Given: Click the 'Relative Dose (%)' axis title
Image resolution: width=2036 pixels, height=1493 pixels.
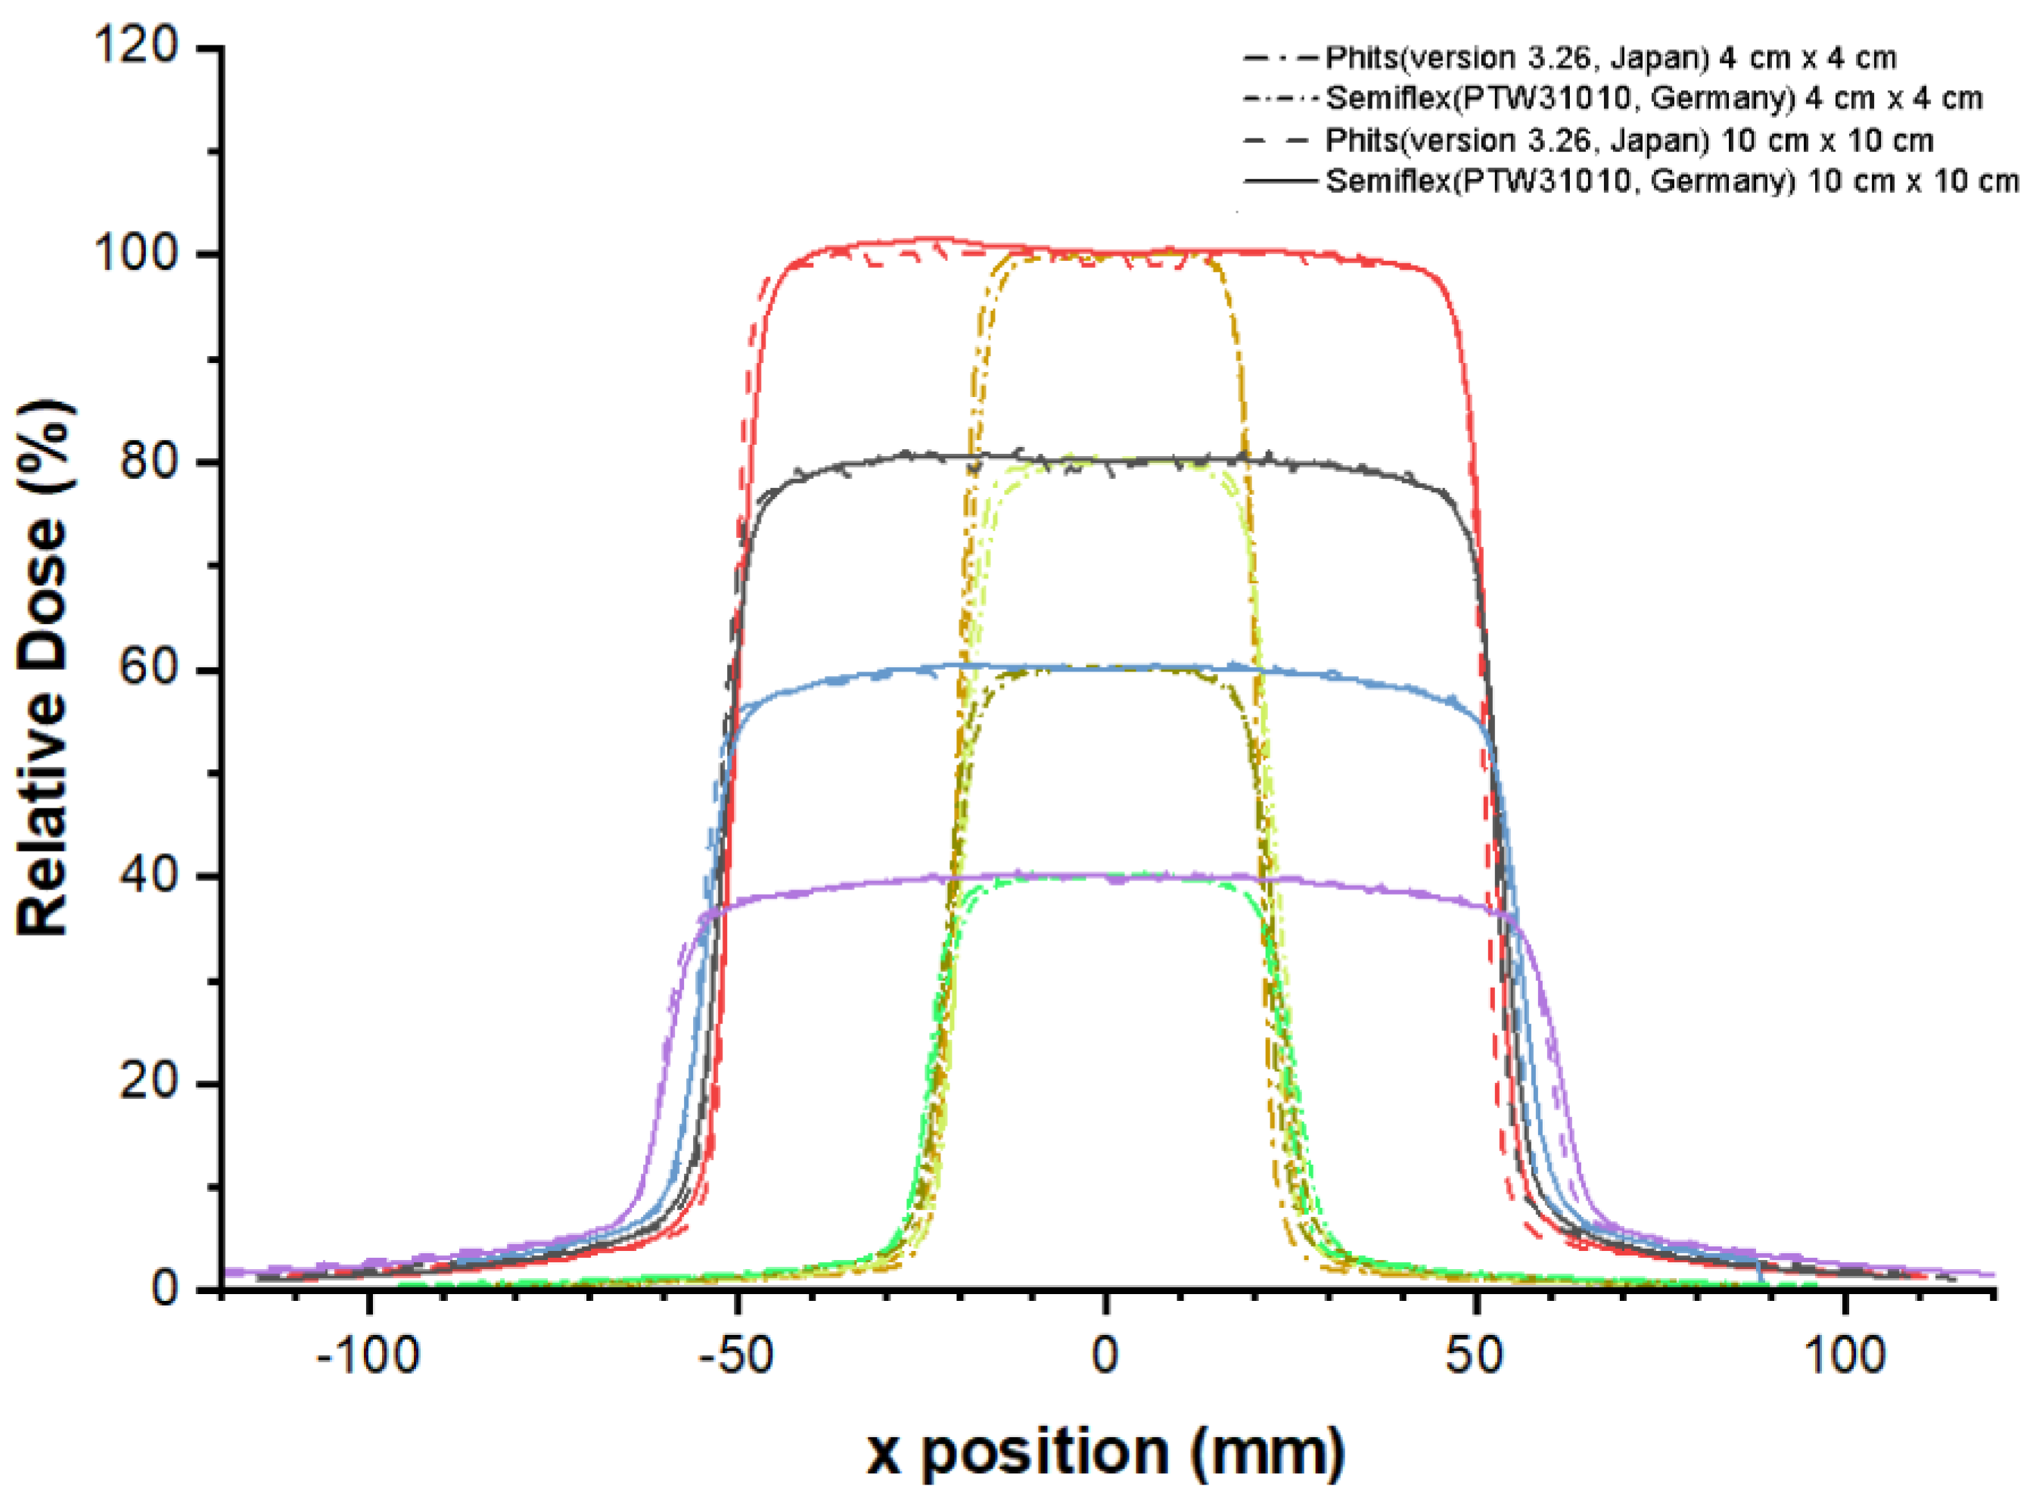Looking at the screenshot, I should tap(45, 669).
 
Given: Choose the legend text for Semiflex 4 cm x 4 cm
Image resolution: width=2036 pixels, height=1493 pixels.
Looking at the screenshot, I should tap(1654, 98).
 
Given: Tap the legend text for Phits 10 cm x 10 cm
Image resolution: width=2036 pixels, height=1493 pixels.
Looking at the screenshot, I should tap(1629, 141).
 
